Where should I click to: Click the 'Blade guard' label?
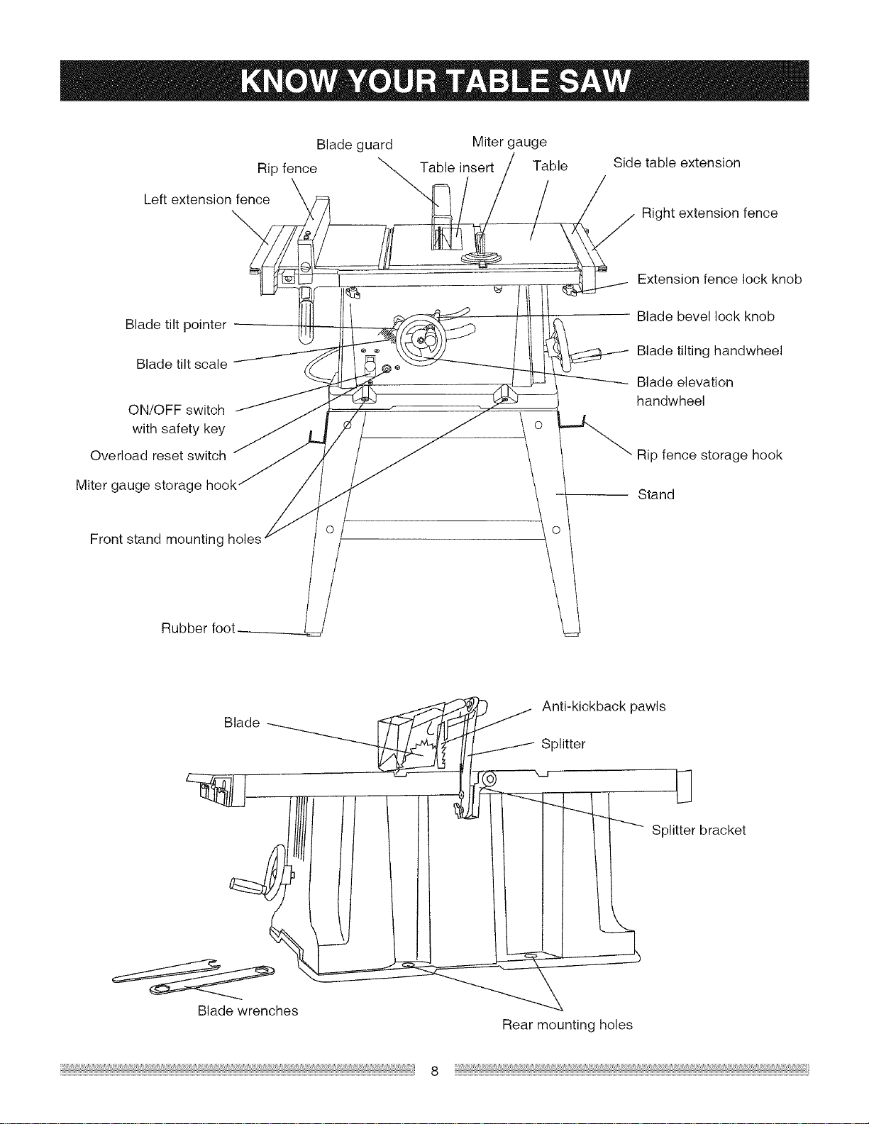(354, 145)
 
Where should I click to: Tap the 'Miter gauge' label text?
(509, 143)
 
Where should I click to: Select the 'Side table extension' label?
(677, 163)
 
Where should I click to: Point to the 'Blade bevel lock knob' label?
(706, 316)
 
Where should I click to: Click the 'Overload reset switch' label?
(158, 456)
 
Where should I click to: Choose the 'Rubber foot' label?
(198, 628)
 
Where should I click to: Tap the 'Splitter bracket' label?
(698, 830)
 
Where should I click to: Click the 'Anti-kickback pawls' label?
(604, 706)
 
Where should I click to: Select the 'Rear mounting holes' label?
(568, 1025)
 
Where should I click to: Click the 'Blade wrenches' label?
(248, 1011)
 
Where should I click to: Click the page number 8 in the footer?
(434, 1072)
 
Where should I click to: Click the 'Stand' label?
(656, 495)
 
